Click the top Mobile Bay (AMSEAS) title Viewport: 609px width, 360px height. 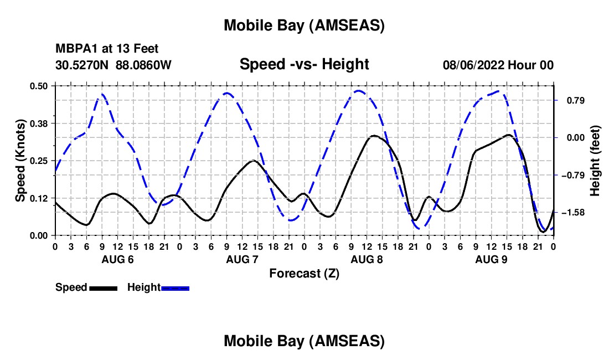tap(304, 25)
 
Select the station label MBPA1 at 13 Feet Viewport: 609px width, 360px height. tap(107, 49)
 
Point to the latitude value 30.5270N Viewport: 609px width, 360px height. tap(82, 65)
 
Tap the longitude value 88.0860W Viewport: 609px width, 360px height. tap(143, 65)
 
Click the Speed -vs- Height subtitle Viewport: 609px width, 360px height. tap(304, 64)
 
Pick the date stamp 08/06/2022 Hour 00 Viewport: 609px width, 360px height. tap(498, 65)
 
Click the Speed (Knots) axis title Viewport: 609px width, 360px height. tap(20, 161)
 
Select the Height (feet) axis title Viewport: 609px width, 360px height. tap(595, 161)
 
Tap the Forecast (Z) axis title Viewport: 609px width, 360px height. tap(304, 272)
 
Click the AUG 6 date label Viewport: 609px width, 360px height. tap(117, 259)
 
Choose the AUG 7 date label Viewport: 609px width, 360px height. tap(242, 259)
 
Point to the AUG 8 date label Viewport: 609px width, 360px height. tap(367, 259)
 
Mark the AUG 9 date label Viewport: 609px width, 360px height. tap(491, 259)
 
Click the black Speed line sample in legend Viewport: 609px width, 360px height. tap(103, 287)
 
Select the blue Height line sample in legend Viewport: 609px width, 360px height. tap(175, 287)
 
